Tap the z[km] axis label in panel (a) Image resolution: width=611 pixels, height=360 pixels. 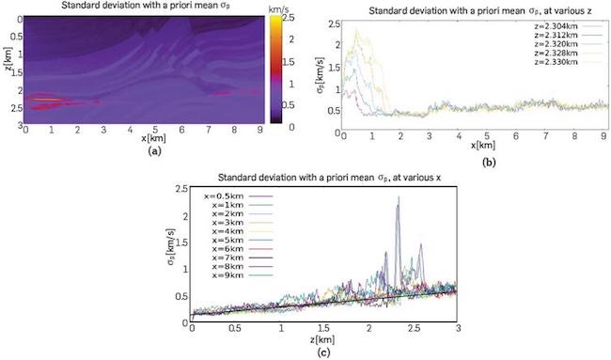[9, 70]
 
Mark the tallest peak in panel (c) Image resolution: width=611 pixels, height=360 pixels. [398, 197]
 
